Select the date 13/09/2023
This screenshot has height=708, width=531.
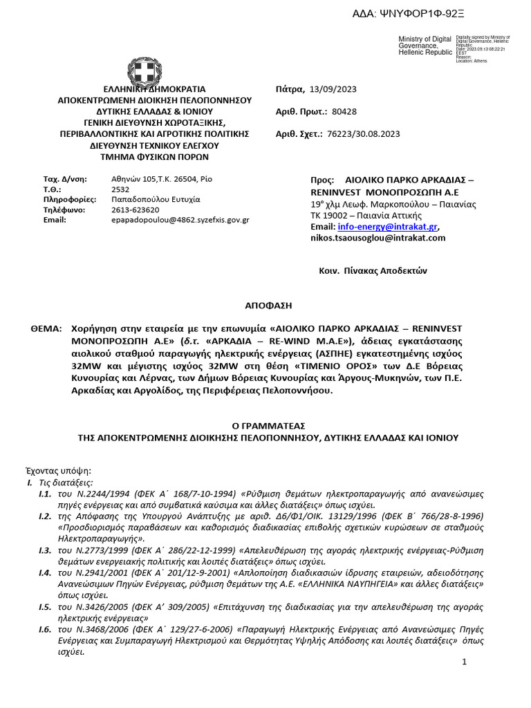tap(334, 89)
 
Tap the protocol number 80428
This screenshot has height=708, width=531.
tap(344, 111)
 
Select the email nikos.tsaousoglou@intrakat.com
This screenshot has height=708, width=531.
tap(378, 238)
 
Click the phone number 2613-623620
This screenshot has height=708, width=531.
tap(135, 209)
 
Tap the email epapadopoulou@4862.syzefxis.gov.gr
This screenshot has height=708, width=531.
tap(180, 220)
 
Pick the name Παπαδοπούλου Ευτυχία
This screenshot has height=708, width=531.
tap(156, 199)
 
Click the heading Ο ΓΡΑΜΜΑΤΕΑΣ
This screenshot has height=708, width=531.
tap(267, 425)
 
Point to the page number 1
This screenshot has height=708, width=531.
tap(465, 662)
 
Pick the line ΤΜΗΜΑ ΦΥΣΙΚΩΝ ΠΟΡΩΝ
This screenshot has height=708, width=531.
tap(154, 157)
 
